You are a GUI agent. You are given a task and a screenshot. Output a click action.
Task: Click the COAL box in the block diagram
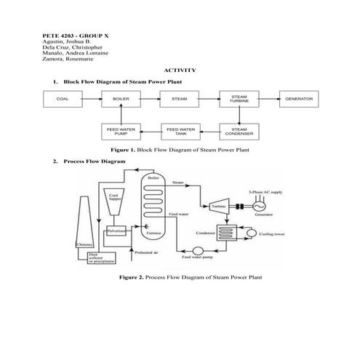(63, 100)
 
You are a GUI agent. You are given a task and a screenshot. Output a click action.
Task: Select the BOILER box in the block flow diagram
(121, 100)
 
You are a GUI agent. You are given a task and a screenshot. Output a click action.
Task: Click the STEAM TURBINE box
(239, 100)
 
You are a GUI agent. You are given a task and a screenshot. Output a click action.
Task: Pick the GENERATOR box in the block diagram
(298, 100)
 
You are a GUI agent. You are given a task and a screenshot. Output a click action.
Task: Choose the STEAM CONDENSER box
(239, 131)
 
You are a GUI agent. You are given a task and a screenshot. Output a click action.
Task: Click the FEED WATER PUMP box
(121, 131)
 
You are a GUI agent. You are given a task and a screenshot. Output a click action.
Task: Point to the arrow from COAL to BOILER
(92, 100)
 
